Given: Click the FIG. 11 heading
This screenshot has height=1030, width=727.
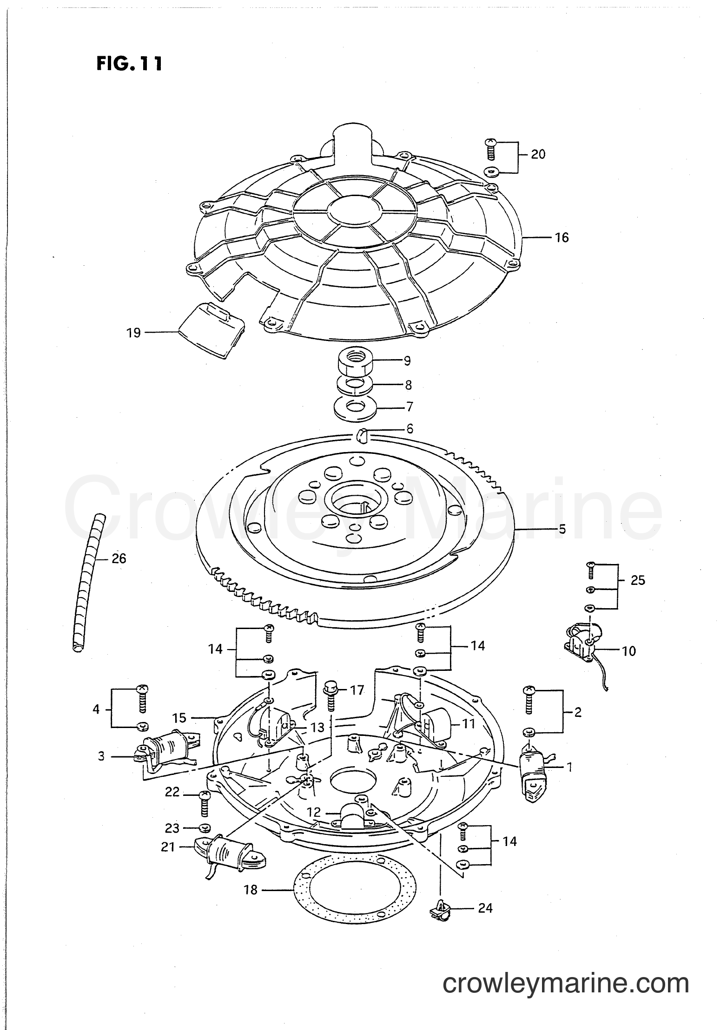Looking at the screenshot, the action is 130,64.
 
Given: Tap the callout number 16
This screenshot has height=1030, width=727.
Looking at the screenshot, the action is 562,237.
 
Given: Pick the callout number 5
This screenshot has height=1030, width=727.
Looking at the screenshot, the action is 562,529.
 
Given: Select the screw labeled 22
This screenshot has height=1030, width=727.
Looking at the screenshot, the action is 204,802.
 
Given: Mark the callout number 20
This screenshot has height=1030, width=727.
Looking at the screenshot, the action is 538,154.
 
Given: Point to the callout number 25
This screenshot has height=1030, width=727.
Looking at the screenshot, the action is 638,580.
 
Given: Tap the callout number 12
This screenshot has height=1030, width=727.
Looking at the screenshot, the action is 314,812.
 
